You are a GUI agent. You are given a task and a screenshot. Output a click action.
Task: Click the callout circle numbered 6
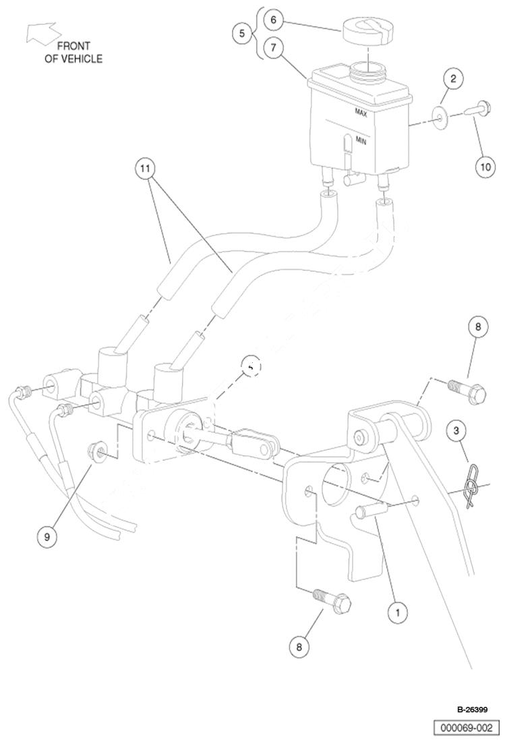click(274, 20)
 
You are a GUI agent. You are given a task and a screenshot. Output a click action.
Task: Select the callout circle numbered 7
click(274, 48)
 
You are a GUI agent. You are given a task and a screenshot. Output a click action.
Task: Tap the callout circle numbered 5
click(242, 34)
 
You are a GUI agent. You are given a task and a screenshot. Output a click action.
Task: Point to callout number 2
click(453, 79)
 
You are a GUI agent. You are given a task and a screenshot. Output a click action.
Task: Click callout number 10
click(485, 165)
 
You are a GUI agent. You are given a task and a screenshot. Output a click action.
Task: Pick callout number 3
click(456, 429)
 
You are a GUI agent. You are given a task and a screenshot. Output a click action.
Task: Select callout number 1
click(397, 612)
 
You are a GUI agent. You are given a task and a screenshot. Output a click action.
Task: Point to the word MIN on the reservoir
click(361, 141)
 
